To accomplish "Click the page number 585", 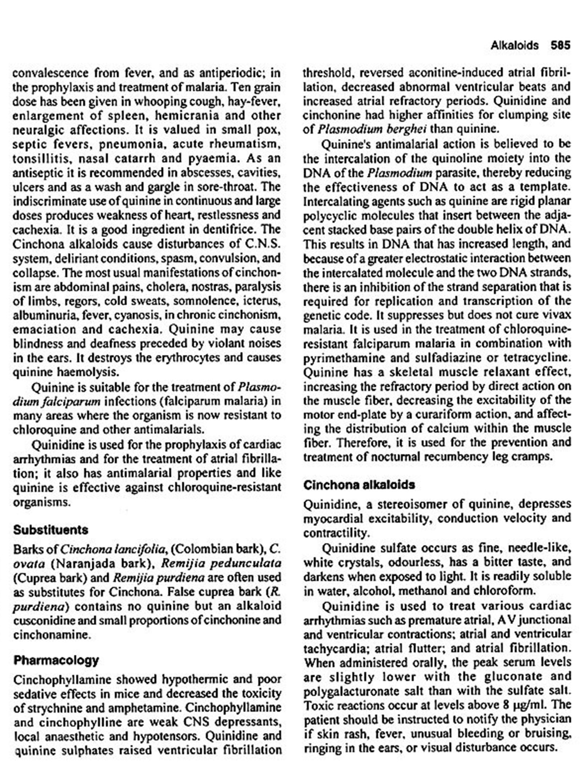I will (560, 45).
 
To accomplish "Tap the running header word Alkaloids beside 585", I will (514, 45).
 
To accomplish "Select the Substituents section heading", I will (51, 530).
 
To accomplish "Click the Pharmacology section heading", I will (56, 660).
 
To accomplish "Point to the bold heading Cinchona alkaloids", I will (359, 485).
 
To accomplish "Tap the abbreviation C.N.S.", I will (263, 244).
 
